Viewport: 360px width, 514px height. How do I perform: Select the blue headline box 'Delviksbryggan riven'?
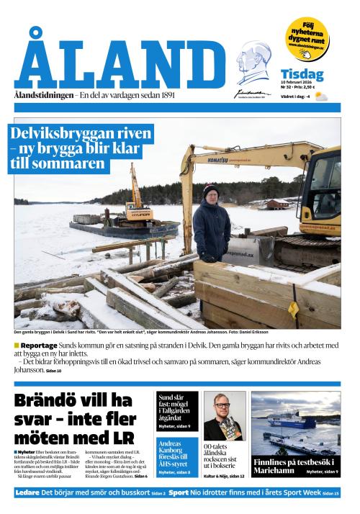click(x=81, y=149)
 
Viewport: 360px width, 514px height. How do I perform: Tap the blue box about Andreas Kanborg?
click(x=176, y=453)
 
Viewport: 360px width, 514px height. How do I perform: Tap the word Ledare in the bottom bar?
click(x=28, y=492)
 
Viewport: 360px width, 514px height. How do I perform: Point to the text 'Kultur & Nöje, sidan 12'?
click(x=224, y=476)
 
